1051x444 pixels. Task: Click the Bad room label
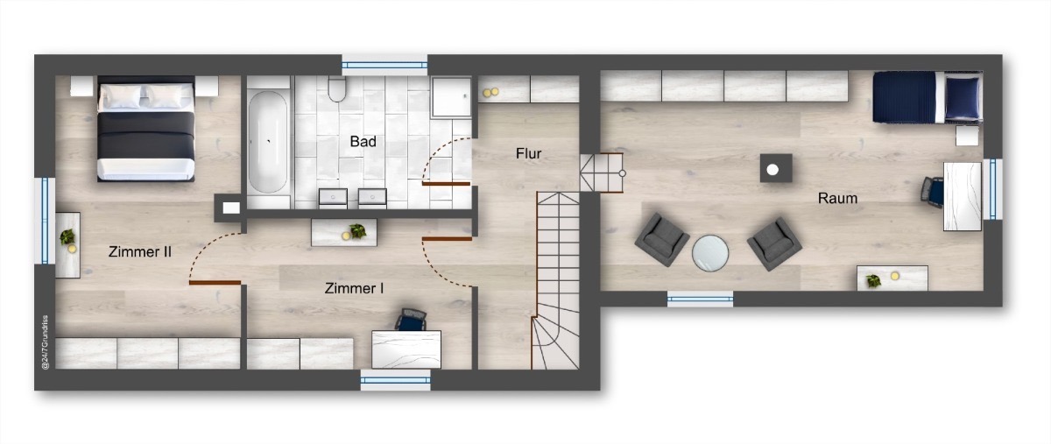point(363,141)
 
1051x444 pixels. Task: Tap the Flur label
point(528,153)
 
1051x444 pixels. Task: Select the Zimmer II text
point(140,252)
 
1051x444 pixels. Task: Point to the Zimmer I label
point(354,288)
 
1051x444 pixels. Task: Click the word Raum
point(837,198)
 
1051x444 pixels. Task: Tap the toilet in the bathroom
point(337,89)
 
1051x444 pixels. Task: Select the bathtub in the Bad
point(268,142)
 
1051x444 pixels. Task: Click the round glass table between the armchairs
point(710,253)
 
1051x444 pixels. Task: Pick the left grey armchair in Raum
point(662,239)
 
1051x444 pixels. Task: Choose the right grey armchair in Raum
point(774,244)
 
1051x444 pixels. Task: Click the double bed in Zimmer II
point(146,128)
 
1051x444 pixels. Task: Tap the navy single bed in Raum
point(928,97)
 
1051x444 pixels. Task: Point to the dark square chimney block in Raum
point(776,168)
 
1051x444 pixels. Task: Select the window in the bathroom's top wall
point(384,65)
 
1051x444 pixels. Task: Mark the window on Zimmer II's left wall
point(45,220)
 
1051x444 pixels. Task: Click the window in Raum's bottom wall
point(700,299)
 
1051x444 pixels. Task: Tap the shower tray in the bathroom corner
point(451,97)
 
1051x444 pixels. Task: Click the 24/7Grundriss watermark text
point(45,342)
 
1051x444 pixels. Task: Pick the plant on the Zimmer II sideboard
point(67,236)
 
